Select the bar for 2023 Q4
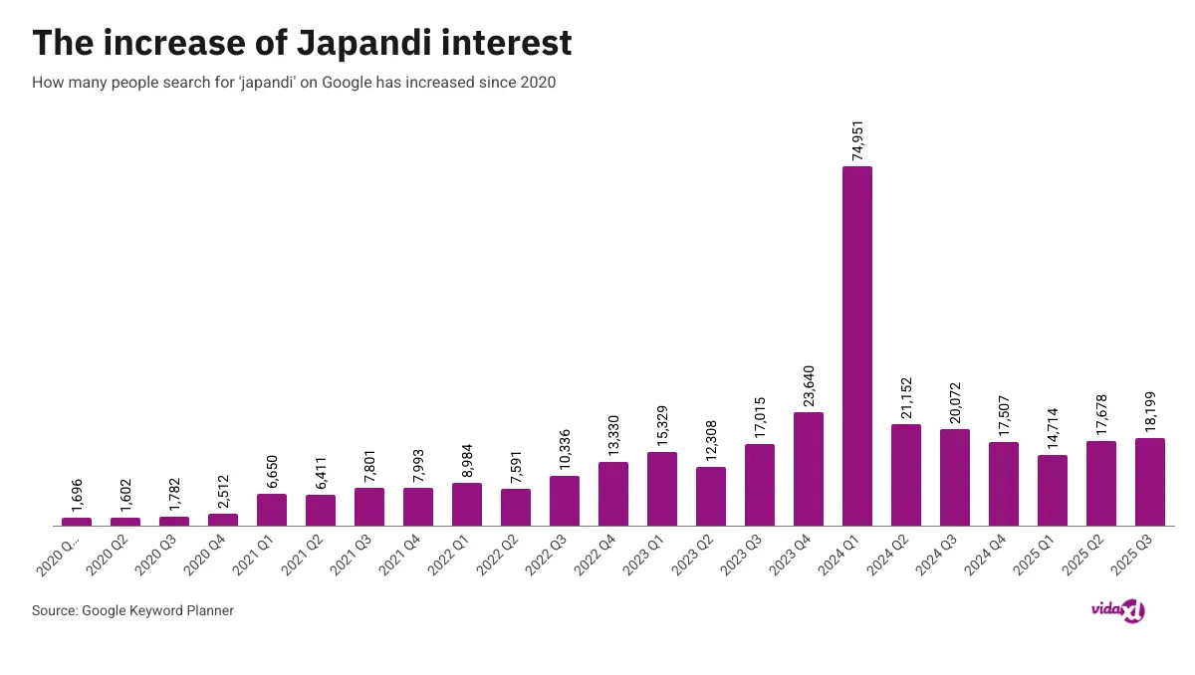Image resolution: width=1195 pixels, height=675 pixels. (808, 469)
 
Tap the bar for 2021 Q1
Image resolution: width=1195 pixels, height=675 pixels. (272, 510)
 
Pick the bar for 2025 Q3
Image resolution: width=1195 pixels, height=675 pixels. (1149, 482)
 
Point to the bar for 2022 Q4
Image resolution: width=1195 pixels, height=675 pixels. (613, 494)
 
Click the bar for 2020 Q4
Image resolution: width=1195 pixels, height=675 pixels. (223, 520)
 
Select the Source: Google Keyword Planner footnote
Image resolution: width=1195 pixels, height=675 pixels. (132, 610)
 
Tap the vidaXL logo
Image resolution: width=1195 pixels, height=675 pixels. (1117, 609)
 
